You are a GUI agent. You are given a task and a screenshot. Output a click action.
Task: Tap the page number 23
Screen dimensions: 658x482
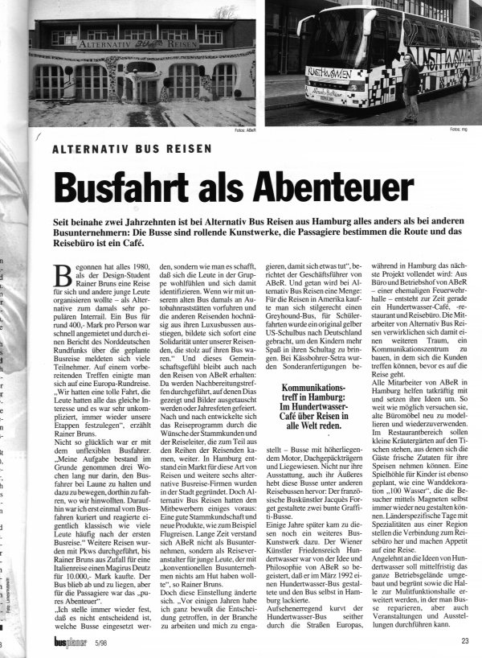[465, 641]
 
